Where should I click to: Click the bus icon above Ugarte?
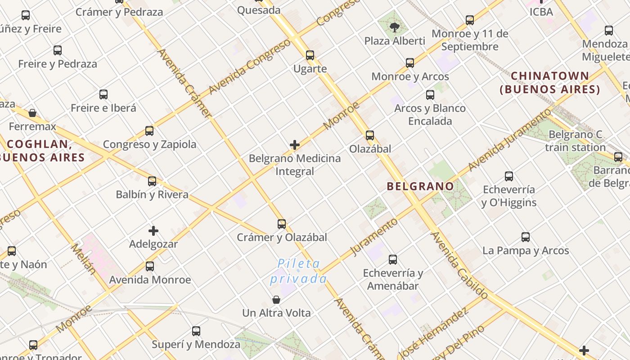[x=310, y=55]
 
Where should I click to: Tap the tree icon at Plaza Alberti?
[x=395, y=27]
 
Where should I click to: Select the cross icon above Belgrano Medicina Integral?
[x=295, y=145]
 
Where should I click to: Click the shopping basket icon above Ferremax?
[x=32, y=112]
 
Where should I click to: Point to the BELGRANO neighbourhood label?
[x=420, y=186]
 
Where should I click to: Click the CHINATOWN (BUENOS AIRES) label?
[x=550, y=82]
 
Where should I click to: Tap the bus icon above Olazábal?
[x=370, y=135]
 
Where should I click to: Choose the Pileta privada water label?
[x=298, y=271]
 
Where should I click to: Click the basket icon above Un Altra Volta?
[x=276, y=300]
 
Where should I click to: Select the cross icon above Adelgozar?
[x=153, y=231]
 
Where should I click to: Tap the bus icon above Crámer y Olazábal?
[x=282, y=224]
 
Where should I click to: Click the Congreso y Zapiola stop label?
[x=150, y=144]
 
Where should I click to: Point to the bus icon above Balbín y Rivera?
[x=152, y=181]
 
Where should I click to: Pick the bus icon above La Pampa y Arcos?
[x=526, y=237]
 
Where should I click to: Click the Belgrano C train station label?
[x=576, y=141]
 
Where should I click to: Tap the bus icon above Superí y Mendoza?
[x=196, y=331]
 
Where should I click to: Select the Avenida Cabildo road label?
[x=459, y=265]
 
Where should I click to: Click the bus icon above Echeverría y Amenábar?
[x=393, y=259]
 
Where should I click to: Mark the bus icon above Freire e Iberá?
[x=103, y=94]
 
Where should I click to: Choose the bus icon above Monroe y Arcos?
[x=410, y=63]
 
